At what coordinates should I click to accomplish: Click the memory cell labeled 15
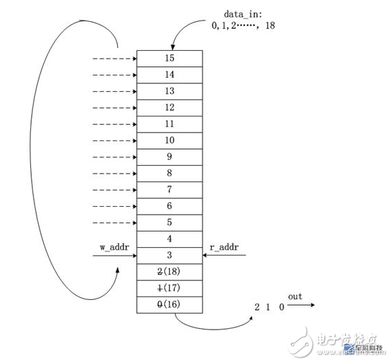point(169,59)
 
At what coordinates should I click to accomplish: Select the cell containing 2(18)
point(169,272)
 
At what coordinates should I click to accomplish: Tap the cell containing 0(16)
point(169,305)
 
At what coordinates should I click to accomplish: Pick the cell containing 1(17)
point(169,289)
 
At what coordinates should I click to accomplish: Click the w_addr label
point(114,247)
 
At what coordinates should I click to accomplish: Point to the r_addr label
point(224,247)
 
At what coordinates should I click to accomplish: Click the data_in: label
point(243,15)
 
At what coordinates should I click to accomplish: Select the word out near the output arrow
point(295,296)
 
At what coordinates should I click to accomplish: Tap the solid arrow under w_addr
point(115,256)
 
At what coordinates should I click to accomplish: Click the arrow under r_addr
point(224,255)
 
